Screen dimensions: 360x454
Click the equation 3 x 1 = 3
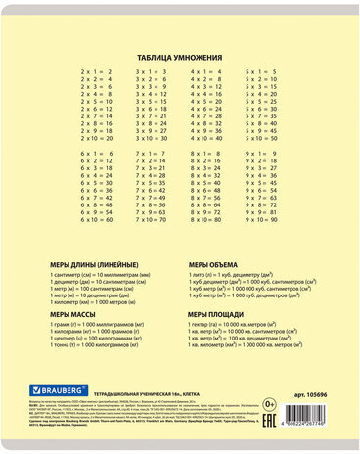(152, 72)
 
